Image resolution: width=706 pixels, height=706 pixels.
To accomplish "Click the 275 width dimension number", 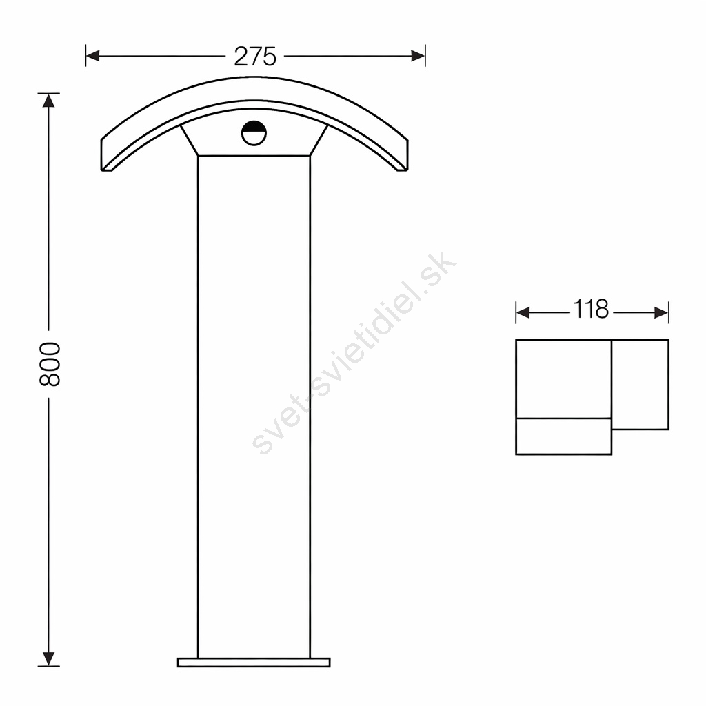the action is (x=255, y=57).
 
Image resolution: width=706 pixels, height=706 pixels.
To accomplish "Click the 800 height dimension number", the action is (x=50, y=364).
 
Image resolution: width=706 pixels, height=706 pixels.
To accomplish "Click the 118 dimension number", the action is (x=591, y=310).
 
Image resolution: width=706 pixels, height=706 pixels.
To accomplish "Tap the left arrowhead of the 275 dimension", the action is (x=92, y=56).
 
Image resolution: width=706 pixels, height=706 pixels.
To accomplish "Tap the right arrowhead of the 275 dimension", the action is (x=418, y=56).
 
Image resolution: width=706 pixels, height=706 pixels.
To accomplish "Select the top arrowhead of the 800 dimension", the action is (x=49, y=100).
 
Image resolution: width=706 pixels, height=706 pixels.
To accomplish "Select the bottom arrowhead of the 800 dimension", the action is (x=49, y=658).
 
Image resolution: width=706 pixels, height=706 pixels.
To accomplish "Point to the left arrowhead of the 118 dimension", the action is (x=523, y=312).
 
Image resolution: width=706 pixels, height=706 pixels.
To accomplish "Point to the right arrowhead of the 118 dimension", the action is (x=661, y=312).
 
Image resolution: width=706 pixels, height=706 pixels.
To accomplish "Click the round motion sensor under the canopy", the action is (x=254, y=133).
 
